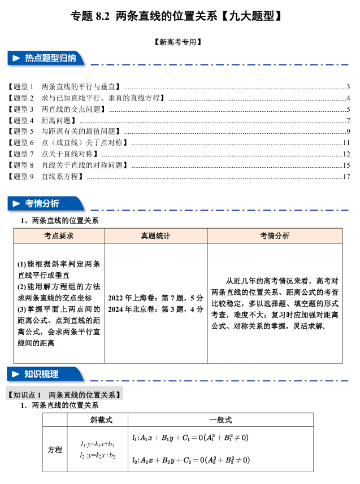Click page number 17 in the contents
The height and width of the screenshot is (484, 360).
pos(347,177)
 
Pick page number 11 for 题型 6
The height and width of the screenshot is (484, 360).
pos(347,143)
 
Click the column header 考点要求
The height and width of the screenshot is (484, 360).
pos(59,236)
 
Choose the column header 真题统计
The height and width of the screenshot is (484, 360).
pos(155,236)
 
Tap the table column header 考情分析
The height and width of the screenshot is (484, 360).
pos(275,236)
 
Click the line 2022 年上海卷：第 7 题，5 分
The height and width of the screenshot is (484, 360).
pos(155,298)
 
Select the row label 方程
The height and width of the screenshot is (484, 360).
pos(55,450)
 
